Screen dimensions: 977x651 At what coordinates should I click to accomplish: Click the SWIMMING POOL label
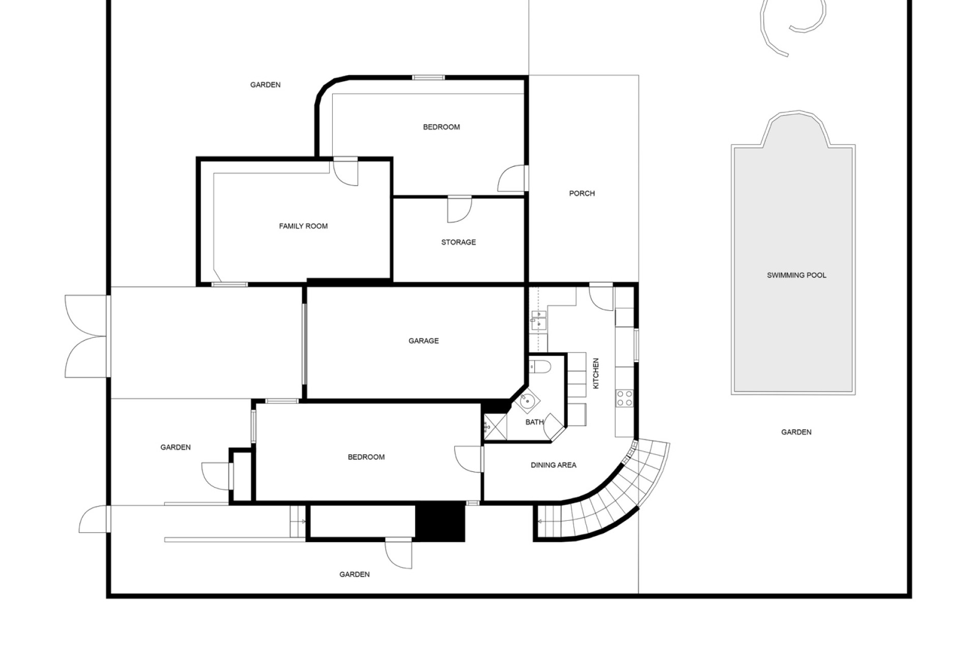point(796,275)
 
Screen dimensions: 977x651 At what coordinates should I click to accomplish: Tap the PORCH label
point(582,193)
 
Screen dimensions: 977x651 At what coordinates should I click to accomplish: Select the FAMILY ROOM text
point(303,226)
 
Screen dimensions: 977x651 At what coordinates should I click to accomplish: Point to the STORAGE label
point(458,242)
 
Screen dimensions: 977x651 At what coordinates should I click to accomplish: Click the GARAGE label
point(423,341)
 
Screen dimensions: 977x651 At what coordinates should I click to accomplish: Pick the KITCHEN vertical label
point(596,373)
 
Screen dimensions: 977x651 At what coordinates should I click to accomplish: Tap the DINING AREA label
point(554,465)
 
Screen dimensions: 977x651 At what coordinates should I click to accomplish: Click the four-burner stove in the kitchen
point(624,398)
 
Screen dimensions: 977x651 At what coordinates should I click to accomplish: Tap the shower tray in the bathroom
point(495,427)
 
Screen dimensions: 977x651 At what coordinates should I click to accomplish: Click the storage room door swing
point(459,210)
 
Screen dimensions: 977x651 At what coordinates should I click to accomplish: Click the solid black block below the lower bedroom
point(441,522)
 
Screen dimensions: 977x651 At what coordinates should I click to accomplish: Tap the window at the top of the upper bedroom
point(428,78)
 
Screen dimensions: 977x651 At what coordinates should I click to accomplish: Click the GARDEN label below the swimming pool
point(796,432)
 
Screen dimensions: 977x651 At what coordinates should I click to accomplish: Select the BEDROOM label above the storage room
point(441,127)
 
